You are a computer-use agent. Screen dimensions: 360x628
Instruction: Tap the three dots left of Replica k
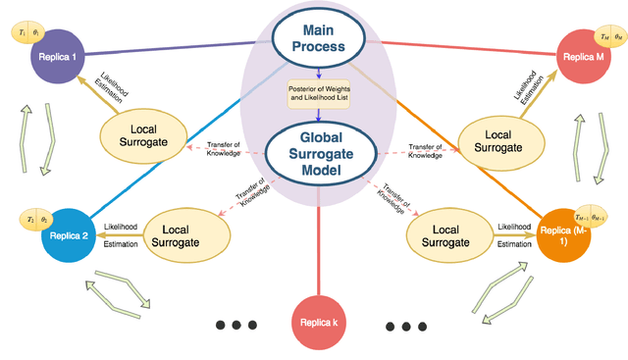click(x=235, y=325)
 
